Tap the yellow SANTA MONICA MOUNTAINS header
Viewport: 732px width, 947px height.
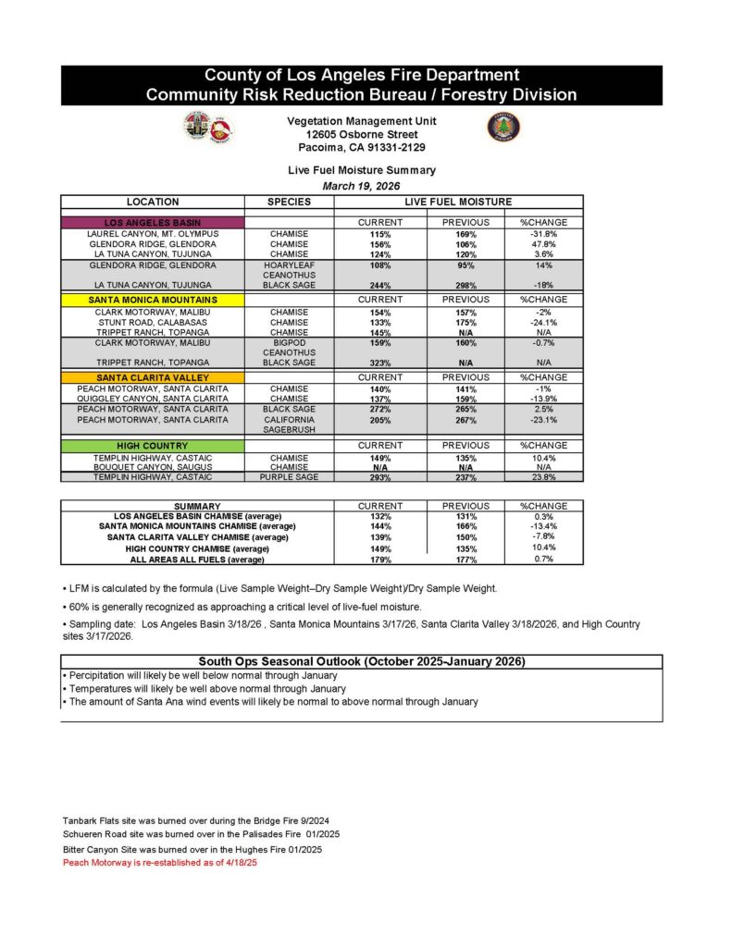(152, 300)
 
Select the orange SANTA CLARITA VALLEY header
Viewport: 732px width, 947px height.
(152, 377)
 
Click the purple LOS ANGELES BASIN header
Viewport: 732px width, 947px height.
(152, 223)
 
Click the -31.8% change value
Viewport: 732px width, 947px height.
(544, 235)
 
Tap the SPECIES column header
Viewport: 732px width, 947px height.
(289, 202)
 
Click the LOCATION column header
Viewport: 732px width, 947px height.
(152, 202)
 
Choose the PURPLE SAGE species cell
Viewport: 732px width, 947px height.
(289, 477)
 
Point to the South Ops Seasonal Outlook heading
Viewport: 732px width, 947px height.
(362, 661)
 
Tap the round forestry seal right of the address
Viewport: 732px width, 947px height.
(503, 127)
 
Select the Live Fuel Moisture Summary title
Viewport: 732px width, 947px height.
(362, 170)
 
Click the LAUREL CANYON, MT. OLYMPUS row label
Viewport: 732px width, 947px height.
(152, 235)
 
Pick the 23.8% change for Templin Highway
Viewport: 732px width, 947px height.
(544, 477)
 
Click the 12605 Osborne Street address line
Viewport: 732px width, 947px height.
(362, 134)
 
